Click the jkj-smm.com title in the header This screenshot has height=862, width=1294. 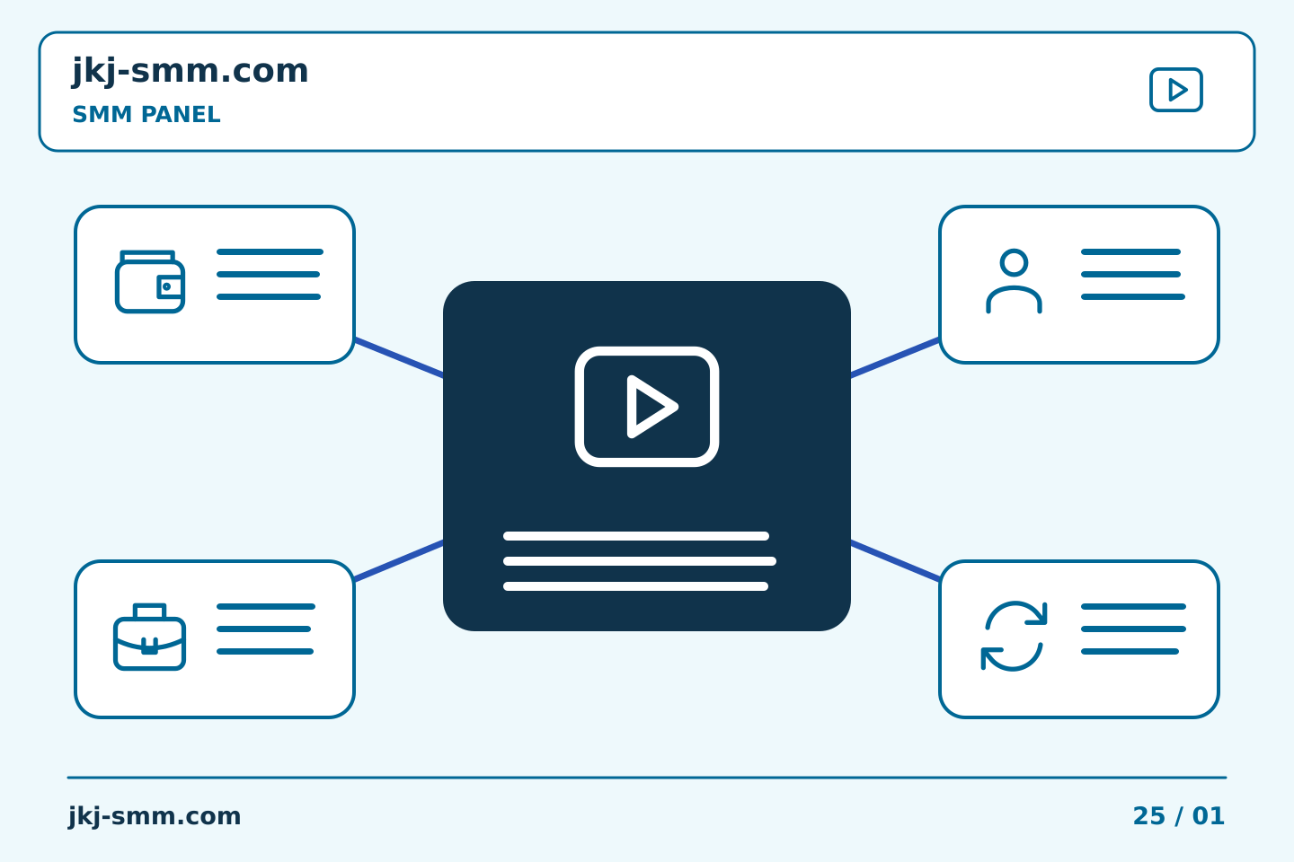(191, 72)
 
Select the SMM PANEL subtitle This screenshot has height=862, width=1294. (146, 114)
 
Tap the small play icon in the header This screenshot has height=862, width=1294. (1175, 90)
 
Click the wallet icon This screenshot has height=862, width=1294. (150, 282)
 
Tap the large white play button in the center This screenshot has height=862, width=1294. (646, 407)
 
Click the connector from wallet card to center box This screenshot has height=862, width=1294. (399, 357)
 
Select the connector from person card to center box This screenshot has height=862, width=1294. (895, 357)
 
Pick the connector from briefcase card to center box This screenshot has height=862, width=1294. (399, 560)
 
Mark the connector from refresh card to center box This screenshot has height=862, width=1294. (895, 560)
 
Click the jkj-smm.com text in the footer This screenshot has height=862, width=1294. (155, 816)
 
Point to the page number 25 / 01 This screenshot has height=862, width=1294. (1178, 816)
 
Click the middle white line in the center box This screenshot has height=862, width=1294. (640, 561)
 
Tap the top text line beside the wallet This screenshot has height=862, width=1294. (270, 251)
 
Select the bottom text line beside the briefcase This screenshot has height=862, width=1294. (265, 651)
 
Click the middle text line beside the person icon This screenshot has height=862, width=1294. (1130, 274)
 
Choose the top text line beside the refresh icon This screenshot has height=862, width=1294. (1133, 606)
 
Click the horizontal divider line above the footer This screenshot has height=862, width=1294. (647, 778)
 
